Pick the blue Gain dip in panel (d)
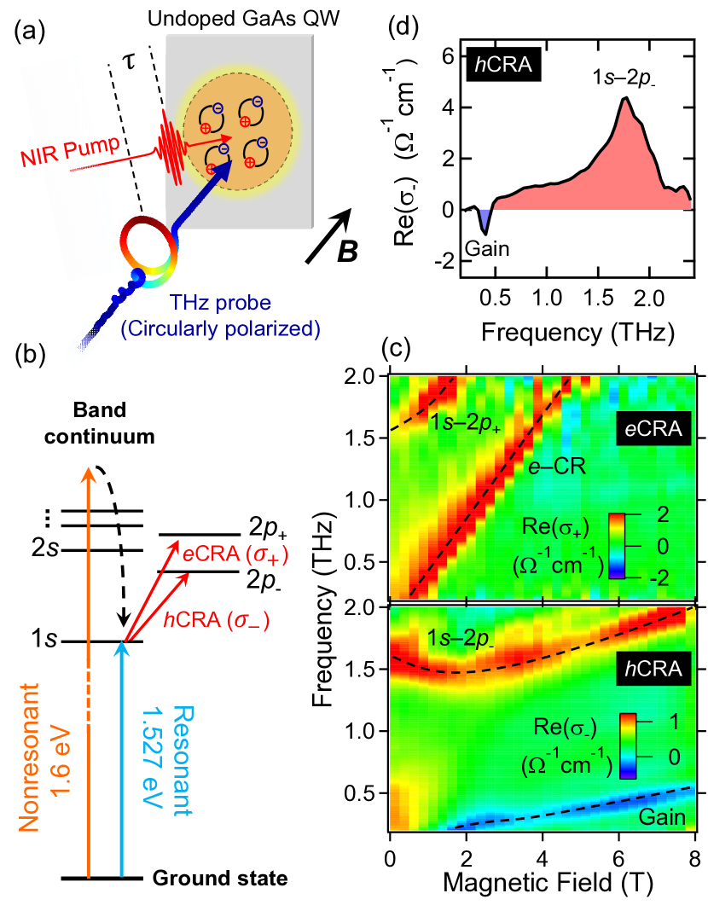point(485,223)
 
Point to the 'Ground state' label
point(220,877)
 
